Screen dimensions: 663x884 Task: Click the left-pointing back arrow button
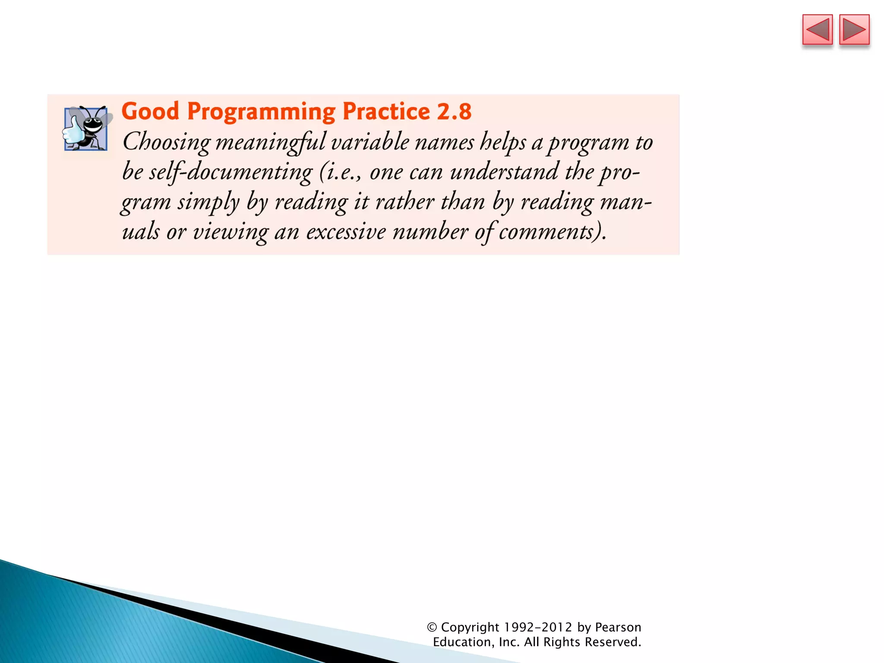click(x=817, y=30)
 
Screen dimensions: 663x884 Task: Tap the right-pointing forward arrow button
click(x=854, y=30)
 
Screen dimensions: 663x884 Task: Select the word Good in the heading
click(x=150, y=111)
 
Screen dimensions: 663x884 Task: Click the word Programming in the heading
click(x=261, y=112)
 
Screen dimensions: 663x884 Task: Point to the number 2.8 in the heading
click(x=454, y=111)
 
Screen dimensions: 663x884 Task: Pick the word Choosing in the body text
click(x=166, y=142)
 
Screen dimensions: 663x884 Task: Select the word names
click(x=445, y=142)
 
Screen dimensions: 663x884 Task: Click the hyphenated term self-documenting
click(x=230, y=172)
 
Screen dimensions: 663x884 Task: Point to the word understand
click(x=504, y=172)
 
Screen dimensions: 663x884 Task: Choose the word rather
click(x=404, y=202)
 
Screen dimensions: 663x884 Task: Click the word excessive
click(x=346, y=232)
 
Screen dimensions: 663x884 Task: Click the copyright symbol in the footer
click(x=432, y=627)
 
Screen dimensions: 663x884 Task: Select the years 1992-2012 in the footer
click(x=538, y=627)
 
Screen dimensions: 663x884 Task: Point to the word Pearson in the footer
click(x=618, y=627)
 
